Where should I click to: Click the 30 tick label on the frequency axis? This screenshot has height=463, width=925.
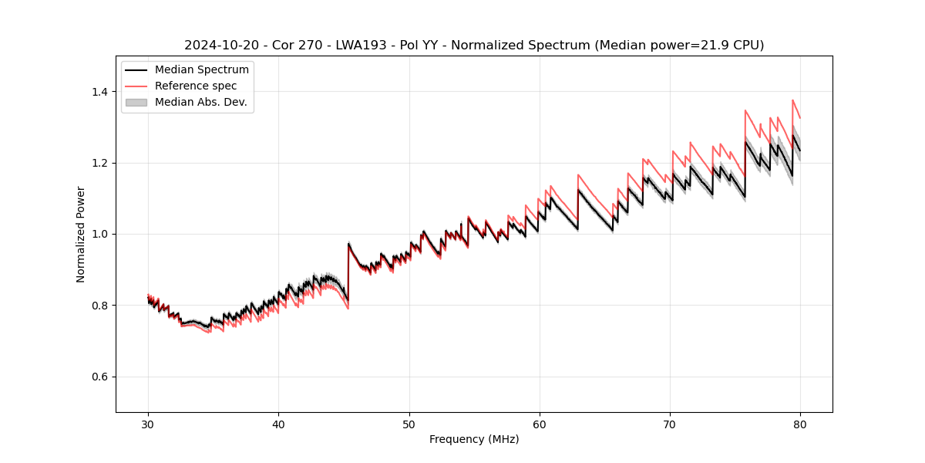(148, 424)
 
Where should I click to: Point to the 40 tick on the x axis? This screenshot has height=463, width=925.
(278, 424)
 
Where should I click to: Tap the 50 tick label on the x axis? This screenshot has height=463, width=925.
(409, 424)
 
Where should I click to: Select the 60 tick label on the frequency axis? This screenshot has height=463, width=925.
(540, 424)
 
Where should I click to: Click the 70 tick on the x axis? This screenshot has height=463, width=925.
(670, 424)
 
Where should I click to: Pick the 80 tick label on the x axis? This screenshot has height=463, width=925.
(800, 424)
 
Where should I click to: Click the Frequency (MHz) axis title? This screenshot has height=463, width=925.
(474, 439)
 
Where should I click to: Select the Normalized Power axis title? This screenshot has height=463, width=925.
(81, 234)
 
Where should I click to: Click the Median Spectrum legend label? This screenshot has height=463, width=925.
(202, 70)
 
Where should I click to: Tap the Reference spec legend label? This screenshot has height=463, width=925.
(196, 86)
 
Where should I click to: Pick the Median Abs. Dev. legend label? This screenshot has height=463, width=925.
(201, 102)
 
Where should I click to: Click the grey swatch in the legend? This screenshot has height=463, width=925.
(136, 102)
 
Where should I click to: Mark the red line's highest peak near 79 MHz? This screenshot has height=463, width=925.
(792, 100)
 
